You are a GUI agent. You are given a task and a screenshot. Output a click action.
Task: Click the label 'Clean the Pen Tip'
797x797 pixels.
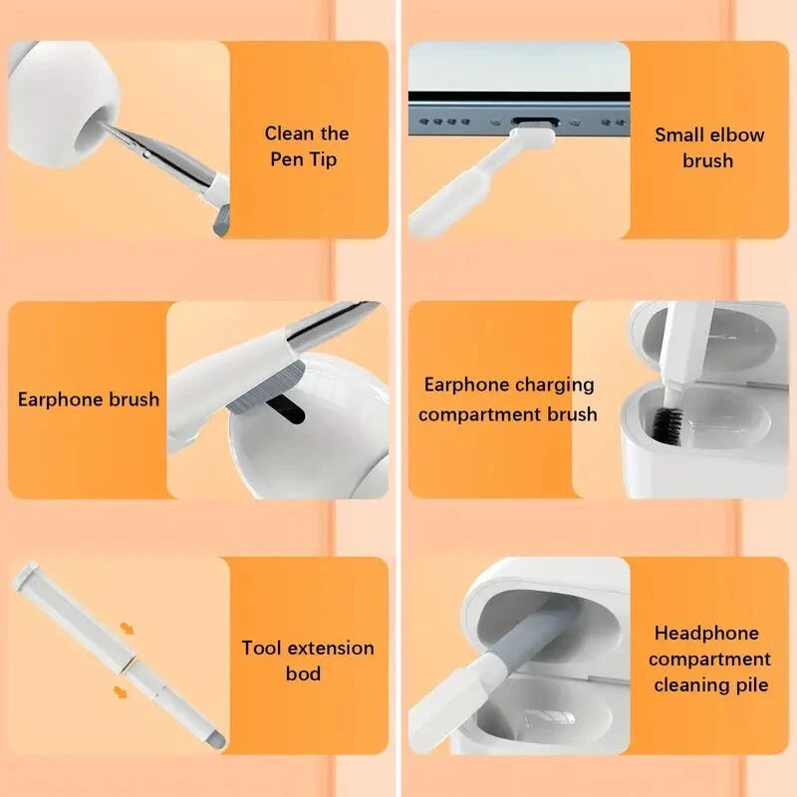(307, 146)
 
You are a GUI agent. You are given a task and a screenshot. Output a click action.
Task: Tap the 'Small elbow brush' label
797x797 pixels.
(709, 147)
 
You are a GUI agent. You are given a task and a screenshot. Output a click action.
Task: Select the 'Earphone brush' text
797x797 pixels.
(89, 399)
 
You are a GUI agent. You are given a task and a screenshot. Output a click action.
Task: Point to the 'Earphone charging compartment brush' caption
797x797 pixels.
(508, 399)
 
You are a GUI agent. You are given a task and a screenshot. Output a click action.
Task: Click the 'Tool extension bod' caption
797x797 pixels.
(308, 661)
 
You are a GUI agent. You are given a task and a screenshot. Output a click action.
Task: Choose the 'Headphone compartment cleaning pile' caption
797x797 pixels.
(709, 659)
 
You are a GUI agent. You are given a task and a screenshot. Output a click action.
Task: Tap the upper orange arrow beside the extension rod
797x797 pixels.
(127, 629)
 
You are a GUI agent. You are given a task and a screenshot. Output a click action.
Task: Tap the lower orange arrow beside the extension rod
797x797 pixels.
(120, 691)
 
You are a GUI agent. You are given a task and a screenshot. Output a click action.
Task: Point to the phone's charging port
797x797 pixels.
(536, 122)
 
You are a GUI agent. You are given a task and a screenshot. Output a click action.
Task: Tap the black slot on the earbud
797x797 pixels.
(286, 409)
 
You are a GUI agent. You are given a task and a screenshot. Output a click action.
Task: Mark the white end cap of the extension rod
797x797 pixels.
(27, 576)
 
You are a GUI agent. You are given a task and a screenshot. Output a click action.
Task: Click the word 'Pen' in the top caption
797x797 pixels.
(287, 159)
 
